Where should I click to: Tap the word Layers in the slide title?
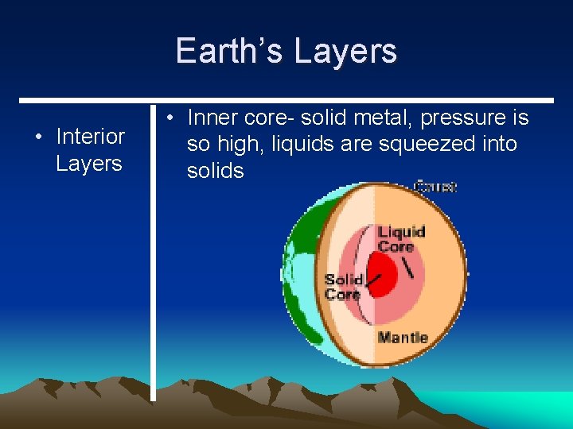(x=345, y=51)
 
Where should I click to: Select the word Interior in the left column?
(x=90, y=137)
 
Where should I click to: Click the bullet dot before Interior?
(x=38, y=137)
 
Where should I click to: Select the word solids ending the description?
(x=215, y=171)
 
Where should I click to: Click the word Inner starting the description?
(x=213, y=118)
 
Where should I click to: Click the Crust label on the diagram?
(x=435, y=187)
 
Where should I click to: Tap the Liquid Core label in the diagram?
(x=401, y=239)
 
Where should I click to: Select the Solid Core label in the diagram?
(x=344, y=287)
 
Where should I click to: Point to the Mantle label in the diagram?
(x=402, y=338)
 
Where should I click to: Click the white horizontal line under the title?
(x=286, y=101)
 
